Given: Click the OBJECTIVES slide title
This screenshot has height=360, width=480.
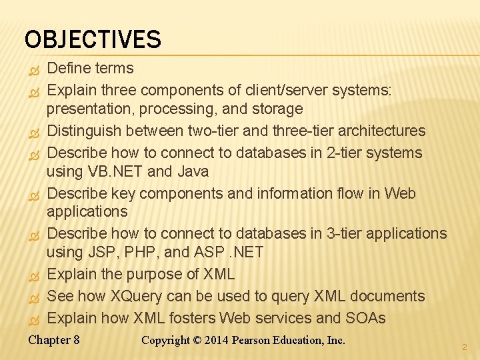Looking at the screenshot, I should pyautogui.click(x=93, y=39).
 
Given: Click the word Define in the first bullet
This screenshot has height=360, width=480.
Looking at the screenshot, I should pyautogui.click(x=70, y=68).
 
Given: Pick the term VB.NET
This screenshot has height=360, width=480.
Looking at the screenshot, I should pyautogui.click(x=115, y=171).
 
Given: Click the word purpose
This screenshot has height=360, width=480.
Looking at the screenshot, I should pyautogui.click(x=157, y=274).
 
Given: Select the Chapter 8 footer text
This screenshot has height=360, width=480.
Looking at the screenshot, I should pyautogui.click(x=54, y=340).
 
